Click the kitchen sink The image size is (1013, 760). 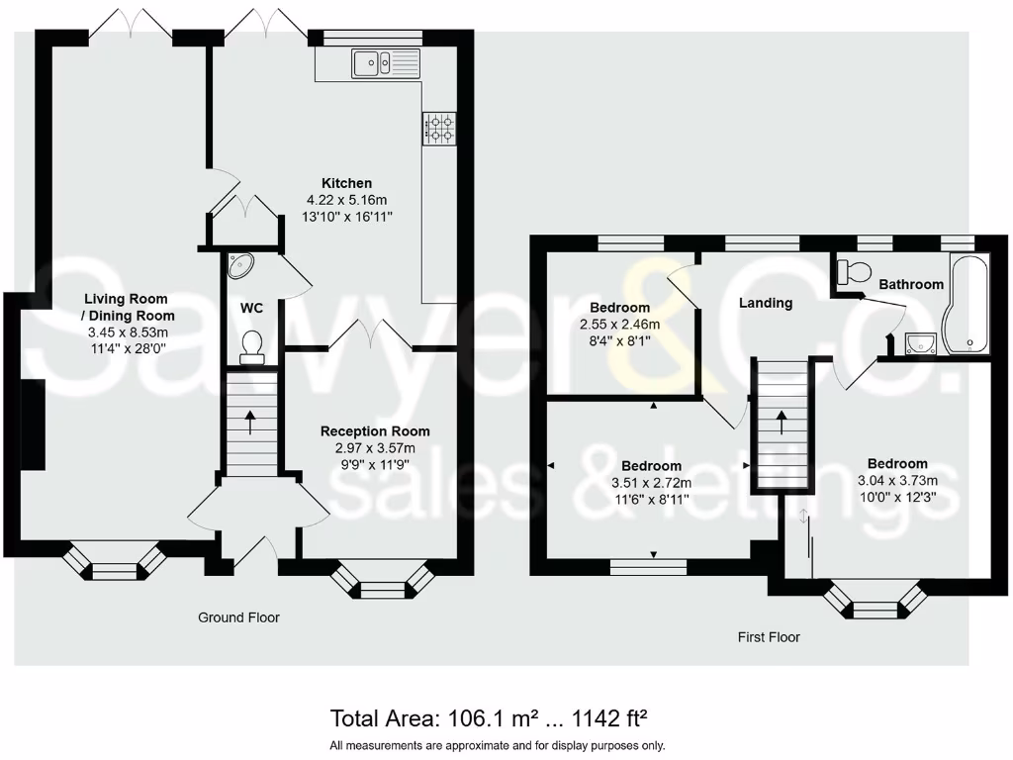click(386, 63)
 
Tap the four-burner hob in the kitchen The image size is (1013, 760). click(439, 129)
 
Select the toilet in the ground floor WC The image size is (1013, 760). click(251, 347)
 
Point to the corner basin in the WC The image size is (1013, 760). click(240, 265)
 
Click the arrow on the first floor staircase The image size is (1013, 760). click(782, 422)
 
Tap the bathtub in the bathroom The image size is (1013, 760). click(966, 304)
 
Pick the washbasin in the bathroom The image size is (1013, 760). click(920, 342)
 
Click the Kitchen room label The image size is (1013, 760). click(347, 183)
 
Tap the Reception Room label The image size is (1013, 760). click(375, 431)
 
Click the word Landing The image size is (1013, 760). click(766, 303)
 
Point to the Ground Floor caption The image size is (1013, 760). click(238, 617)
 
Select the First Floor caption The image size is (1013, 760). click(769, 637)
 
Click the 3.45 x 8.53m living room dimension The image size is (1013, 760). click(128, 332)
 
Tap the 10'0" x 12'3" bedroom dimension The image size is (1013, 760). click(897, 497)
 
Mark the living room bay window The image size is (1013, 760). click(115, 562)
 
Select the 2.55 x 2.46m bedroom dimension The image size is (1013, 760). click(619, 325)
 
